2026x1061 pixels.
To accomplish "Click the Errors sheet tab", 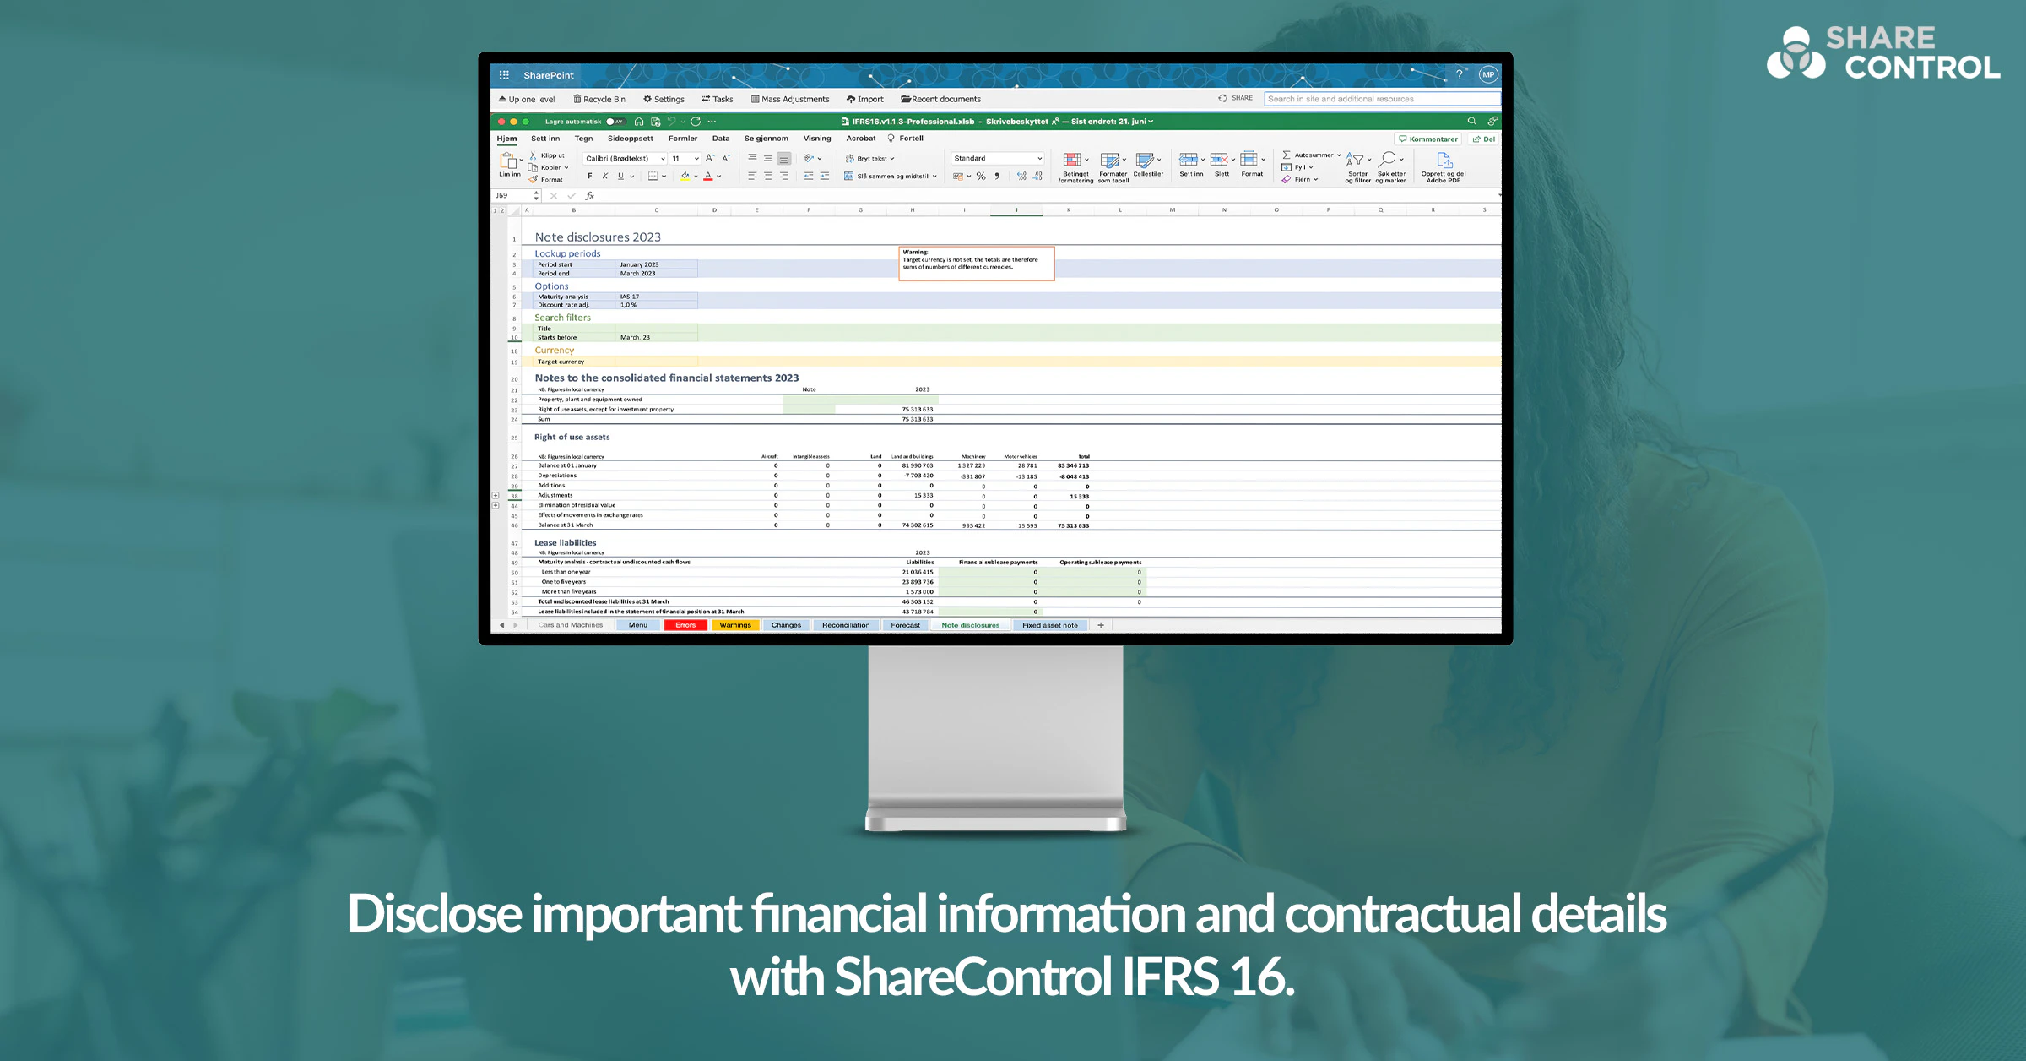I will (685, 625).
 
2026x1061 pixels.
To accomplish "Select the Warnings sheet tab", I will (734, 625).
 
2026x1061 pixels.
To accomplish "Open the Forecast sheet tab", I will (905, 625).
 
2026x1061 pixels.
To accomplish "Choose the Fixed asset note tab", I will (1049, 625).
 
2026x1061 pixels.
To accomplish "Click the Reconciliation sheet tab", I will (845, 625).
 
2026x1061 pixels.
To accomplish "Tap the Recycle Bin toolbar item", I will (599, 99).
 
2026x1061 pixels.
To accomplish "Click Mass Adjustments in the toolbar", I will (790, 99).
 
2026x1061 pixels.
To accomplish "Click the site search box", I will (1381, 99).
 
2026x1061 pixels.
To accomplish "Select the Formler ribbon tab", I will (682, 139).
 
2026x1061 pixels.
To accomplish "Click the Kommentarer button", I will (1428, 139).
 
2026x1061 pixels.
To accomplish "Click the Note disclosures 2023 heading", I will (598, 237).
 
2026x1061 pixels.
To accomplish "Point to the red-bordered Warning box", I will (977, 263).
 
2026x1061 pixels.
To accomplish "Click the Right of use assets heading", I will (572, 437).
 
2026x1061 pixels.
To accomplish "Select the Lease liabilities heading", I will (565, 542).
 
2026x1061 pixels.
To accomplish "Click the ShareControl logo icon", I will (1796, 53).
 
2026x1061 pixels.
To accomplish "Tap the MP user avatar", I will (1487, 75).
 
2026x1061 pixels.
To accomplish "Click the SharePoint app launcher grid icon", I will (504, 75).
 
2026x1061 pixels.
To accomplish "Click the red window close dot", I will (501, 122).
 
